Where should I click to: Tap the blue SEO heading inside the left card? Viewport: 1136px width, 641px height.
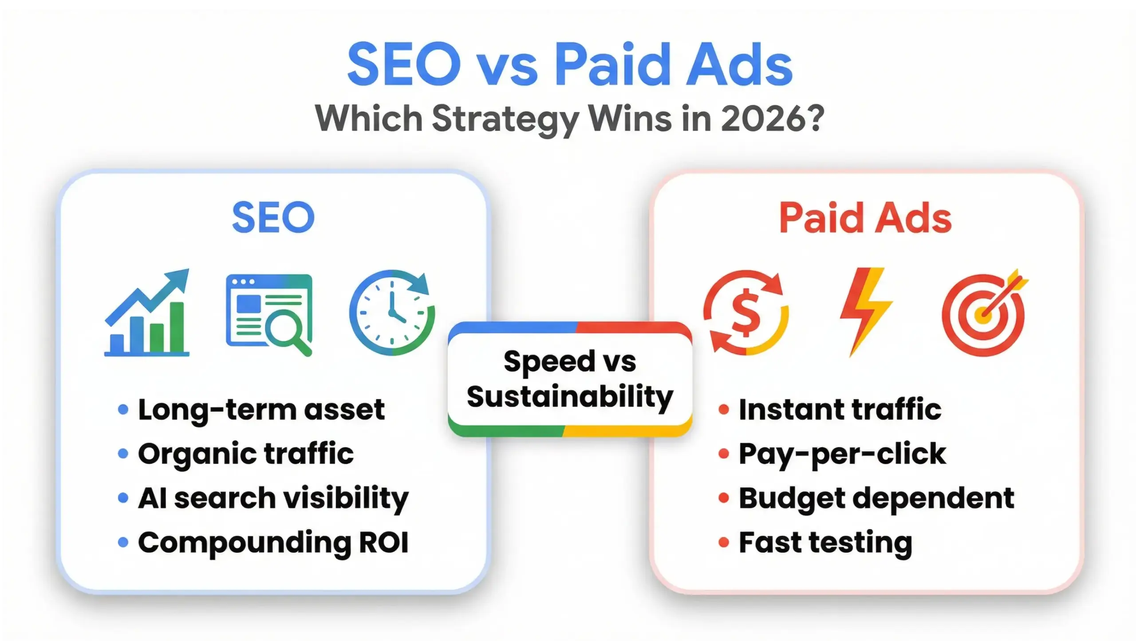tap(273, 217)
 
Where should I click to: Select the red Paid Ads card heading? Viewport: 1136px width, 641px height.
tap(865, 218)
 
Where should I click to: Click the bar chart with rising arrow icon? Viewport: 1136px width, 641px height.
tap(147, 313)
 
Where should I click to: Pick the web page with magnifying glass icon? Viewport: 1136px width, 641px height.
tap(269, 314)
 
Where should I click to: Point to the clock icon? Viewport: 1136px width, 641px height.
tap(392, 313)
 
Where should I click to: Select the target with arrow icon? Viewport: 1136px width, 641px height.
tap(984, 313)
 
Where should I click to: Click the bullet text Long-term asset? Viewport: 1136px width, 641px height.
tap(261, 409)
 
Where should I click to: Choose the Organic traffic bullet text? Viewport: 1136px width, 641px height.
tap(246, 454)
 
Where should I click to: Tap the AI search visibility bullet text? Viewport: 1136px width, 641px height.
tap(273, 498)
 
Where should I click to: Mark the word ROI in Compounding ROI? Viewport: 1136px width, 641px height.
tap(383, 542)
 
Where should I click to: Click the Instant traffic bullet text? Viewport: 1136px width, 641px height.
tap(840, 409)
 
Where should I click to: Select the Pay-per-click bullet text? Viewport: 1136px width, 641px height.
tap(842, 454)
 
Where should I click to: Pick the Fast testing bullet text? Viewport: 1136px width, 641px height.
tap(825, 542)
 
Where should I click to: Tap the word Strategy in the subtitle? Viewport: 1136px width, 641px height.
tap(505, 119)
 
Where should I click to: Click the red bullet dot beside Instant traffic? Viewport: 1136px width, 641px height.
tap(724, 409)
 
